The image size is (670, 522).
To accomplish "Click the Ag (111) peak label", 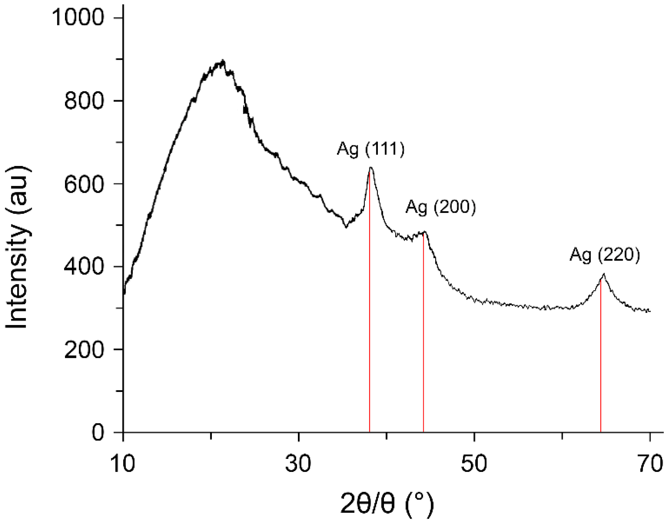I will click(x=371, y=149).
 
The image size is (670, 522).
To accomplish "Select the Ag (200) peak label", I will click(x=441, y=207).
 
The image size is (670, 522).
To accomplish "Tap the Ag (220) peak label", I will click(x=605, y=255).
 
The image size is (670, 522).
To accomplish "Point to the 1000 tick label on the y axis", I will click(x=78, y=18).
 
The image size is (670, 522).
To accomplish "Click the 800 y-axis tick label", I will click(x=84, y=101).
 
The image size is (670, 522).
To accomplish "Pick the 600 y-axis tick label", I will click(x=84, y=184).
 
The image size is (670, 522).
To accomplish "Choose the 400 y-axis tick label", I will click(x=84, y=266).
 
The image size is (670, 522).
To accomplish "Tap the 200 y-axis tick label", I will click(x=84, y=349).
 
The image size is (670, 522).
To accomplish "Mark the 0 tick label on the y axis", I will click(x=98, y=432).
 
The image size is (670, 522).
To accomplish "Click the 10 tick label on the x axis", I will click(x=123, y=464).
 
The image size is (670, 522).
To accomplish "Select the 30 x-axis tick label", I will click(x=298, y=464).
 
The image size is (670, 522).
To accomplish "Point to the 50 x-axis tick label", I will click(x=474, y=464).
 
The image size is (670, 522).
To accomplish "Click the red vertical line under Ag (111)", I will click(x=370, y=319).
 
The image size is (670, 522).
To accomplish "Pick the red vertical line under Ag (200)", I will click(x=423, y=335).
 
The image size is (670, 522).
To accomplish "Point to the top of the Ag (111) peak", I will click(x=371, y=167).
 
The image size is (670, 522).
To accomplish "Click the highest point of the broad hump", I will click(x=223, y=60).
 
